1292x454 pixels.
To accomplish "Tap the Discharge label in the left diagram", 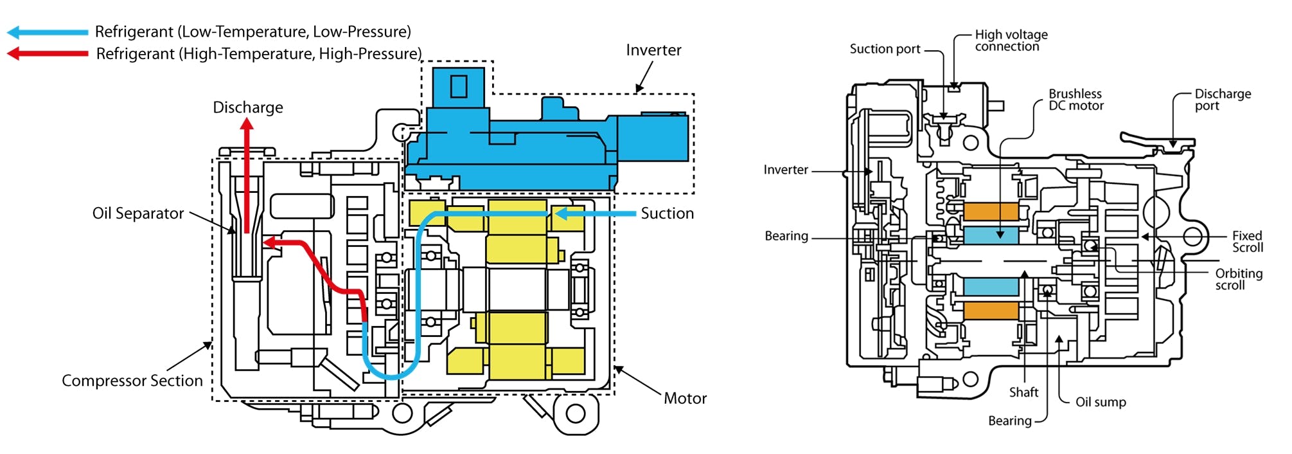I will (247, 107).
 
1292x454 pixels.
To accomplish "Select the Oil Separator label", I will (137, 213).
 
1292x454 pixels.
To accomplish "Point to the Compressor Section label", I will (132, 381).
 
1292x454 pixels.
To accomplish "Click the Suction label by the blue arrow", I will (667, 213).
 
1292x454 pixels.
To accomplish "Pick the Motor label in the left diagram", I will (685, 399).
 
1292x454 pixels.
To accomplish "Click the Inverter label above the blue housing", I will (653, 50).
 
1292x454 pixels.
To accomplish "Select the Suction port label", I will (885, 49).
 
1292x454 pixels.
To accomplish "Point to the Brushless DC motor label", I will (1075, 100).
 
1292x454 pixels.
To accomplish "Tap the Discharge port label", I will (1222, 100).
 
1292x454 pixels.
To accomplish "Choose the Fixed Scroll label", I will (1247, 242).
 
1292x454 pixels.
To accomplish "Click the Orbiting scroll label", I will (1238, 279).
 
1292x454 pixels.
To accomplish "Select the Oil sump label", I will (1101, 402).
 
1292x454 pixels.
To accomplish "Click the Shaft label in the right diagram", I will (1023, 392).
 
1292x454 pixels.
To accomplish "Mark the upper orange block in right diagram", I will (991, 212).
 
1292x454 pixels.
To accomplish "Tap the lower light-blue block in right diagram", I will (991, 286).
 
